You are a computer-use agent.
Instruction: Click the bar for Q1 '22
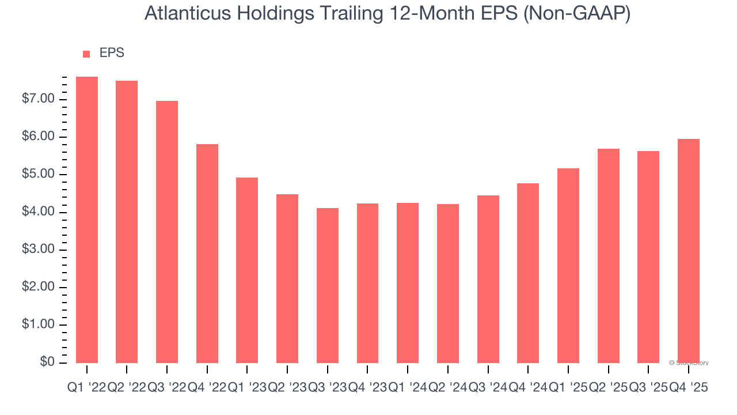[87, 220]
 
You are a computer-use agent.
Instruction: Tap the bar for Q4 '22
[207, 253]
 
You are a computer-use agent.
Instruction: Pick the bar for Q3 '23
[328, 285]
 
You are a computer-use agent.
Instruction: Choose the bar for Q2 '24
[448, 283]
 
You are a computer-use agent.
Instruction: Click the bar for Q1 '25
[568, 265]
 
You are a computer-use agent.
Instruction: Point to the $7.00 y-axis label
[39, 99]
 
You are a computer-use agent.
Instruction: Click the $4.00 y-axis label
[39, 212]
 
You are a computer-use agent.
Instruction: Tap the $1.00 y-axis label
[39, 325]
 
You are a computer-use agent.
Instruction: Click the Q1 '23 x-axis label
[247, 388]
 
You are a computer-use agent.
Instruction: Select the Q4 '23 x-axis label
[367, 388]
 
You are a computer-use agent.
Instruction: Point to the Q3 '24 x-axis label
[488, 388]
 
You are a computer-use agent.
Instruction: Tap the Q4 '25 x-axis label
[689, 388]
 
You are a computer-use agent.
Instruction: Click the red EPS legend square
[86, 54]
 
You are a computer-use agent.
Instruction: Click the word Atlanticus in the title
[186, 14]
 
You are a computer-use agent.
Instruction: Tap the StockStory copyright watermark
[689, 363]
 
